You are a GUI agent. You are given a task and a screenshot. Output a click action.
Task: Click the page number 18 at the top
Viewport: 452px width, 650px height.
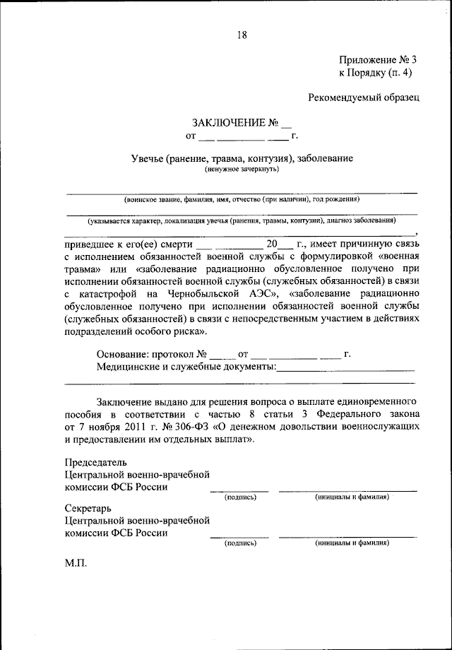242,35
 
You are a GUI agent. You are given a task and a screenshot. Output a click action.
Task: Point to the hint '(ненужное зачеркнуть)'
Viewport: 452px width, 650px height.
242,170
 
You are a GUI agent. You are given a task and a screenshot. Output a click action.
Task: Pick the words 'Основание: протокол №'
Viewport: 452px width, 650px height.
150,353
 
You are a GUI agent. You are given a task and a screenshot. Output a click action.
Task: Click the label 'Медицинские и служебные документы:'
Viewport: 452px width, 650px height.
185,367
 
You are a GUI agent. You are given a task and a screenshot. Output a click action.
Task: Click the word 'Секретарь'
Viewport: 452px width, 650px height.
88,508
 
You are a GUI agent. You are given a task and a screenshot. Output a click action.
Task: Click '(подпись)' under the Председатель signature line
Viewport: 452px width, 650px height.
239,497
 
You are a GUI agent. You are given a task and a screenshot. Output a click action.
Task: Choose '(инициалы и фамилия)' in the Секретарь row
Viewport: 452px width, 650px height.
351,544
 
